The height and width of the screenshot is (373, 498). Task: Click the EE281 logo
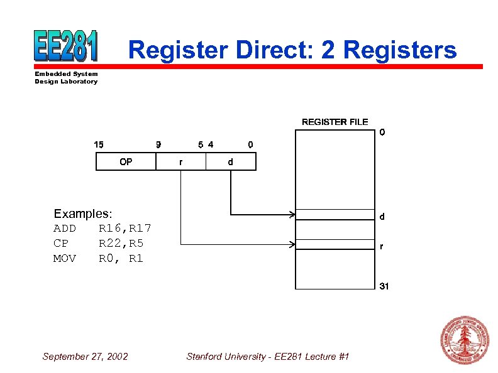click(x=67, y=46)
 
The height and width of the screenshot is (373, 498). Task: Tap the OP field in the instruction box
click(x=126, y=162)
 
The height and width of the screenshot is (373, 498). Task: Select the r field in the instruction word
click(x=181, y=162)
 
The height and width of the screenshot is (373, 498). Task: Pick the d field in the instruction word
click(x=231, y=162)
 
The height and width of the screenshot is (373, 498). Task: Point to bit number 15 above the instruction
click(x=99, y=144)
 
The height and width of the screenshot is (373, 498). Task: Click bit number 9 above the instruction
click(x=158, y=144)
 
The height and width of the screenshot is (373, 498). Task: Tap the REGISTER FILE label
click(x=335, y=122)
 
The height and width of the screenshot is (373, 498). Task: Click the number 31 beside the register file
click(x=384, y=286)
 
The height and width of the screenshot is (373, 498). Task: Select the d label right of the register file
click(x=382, y=217)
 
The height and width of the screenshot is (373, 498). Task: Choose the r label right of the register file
click(x=381, y=247)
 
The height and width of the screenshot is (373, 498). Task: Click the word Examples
click(x=83, y=214)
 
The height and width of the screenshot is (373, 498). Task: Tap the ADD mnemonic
click(x=65, y=228)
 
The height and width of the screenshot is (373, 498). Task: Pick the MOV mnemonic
click(x=65, y=258)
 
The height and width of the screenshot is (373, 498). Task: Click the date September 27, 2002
click(x=85, y=357)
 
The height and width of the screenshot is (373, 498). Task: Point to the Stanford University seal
click(x=465, y=340)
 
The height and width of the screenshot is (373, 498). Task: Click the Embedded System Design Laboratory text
click(x=66, y=78)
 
